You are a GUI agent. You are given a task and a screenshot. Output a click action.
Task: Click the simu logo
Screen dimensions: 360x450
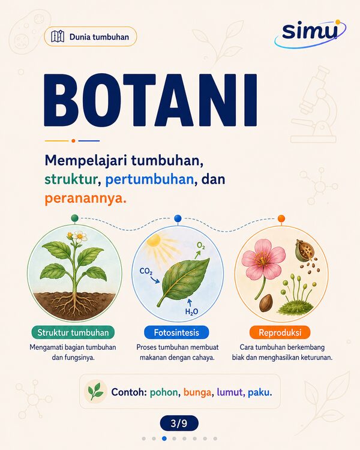310,33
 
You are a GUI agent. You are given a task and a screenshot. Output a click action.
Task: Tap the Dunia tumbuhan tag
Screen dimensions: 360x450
91,37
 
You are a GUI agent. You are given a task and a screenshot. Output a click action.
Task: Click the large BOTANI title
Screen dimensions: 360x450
151,100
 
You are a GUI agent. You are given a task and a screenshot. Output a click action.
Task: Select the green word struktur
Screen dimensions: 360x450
71,179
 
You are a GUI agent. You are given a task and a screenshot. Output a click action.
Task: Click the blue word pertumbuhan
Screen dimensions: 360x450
149,180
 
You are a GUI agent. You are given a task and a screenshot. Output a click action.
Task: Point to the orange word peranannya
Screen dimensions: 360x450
86,199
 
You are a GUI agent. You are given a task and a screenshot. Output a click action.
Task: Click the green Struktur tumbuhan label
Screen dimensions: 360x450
73,332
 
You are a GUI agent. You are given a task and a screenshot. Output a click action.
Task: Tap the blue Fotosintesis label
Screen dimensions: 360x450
176,332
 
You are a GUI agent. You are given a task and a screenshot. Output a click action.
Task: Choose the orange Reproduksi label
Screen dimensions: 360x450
280,332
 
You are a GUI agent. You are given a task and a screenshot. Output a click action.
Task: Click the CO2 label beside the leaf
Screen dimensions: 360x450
146,271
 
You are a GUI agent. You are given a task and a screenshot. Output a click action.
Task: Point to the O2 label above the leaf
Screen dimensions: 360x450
201,245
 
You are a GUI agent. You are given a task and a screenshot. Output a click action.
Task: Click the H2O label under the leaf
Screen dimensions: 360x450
192,311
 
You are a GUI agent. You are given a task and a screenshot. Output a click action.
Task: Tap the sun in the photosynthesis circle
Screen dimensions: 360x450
154,241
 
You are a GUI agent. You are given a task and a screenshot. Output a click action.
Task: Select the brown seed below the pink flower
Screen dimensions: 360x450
267,303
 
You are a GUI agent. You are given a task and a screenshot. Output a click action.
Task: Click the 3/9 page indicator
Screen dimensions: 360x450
179,423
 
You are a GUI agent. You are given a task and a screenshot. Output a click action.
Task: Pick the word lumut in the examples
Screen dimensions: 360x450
229,392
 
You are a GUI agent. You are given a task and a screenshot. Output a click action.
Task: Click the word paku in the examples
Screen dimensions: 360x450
260,392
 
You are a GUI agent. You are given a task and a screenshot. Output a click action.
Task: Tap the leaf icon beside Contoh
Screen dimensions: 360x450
95,391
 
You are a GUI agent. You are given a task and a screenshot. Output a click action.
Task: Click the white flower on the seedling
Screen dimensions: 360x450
80,236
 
